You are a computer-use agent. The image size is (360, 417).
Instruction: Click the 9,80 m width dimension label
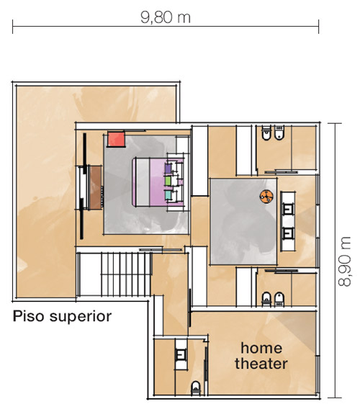166,17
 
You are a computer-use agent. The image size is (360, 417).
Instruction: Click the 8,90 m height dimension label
345,261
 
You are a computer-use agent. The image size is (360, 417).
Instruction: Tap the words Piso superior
62,316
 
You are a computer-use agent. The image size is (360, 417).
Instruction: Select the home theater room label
261,356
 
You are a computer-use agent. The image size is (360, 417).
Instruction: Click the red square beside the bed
116,139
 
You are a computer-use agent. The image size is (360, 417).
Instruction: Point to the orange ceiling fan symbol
266,197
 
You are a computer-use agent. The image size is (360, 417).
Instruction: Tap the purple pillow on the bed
168,169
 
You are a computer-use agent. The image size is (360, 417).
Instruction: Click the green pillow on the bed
168,181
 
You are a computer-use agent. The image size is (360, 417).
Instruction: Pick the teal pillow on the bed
168,195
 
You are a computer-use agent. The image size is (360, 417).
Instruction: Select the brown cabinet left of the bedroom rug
95,187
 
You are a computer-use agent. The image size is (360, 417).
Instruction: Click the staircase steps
126,274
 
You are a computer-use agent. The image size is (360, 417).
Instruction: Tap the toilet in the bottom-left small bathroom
196,388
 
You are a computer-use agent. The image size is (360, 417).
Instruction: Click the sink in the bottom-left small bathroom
181,355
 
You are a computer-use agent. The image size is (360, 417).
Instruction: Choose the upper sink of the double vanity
288,209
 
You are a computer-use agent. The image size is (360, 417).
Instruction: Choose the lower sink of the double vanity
288,234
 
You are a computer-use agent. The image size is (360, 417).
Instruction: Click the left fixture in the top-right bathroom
266,133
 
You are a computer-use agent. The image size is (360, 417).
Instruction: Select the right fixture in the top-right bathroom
279,133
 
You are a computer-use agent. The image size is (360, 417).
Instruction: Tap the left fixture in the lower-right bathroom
266,300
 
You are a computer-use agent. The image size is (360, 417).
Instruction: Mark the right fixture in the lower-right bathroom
279,300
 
